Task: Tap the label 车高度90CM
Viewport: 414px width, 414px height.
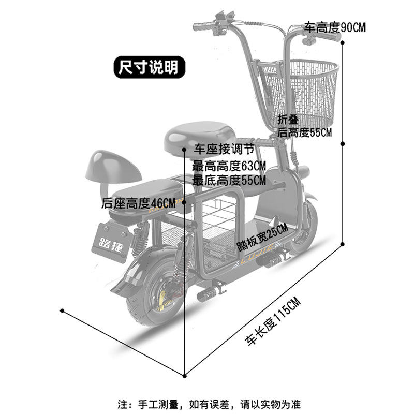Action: pos(334,27)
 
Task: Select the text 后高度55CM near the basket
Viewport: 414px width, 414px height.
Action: pos(305,132)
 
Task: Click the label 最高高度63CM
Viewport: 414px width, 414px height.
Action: pos(229,166)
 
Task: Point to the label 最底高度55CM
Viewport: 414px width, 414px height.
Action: pos(229,180)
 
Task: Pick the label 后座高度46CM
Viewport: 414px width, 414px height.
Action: pos(139,203)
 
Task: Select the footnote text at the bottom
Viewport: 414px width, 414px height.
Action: pos(210,404)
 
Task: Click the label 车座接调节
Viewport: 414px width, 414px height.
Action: pos(224,151)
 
